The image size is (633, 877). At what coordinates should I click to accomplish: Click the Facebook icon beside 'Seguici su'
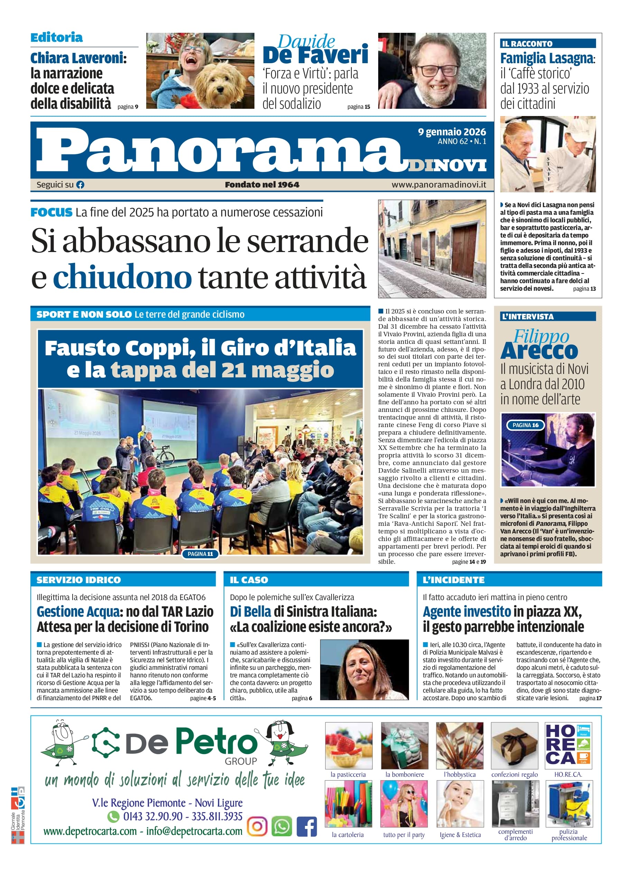coord(80,185)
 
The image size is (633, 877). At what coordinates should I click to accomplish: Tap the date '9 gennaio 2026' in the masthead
coord(452,132)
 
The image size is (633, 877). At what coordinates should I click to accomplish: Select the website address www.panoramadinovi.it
coord(439,185)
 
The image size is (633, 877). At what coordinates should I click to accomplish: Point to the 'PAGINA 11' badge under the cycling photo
coord(200,554)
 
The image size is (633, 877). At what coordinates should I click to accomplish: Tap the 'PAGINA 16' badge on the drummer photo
coord(525,425)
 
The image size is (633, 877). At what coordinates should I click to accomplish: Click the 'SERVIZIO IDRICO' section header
coord(78,580)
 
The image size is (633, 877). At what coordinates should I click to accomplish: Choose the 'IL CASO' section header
coord(249,580)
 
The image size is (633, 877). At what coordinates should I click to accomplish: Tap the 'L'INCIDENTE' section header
coord(453,580)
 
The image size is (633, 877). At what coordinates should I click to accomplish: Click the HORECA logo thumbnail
coord(568,745)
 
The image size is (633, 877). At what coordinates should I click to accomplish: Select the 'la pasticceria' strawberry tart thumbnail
coord(348,745)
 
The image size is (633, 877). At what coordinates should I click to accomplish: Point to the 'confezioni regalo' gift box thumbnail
coord(514,745)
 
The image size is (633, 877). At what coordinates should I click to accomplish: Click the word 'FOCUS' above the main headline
coord(52,212)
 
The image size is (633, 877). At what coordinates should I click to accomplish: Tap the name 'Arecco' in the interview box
coord(539,350)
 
